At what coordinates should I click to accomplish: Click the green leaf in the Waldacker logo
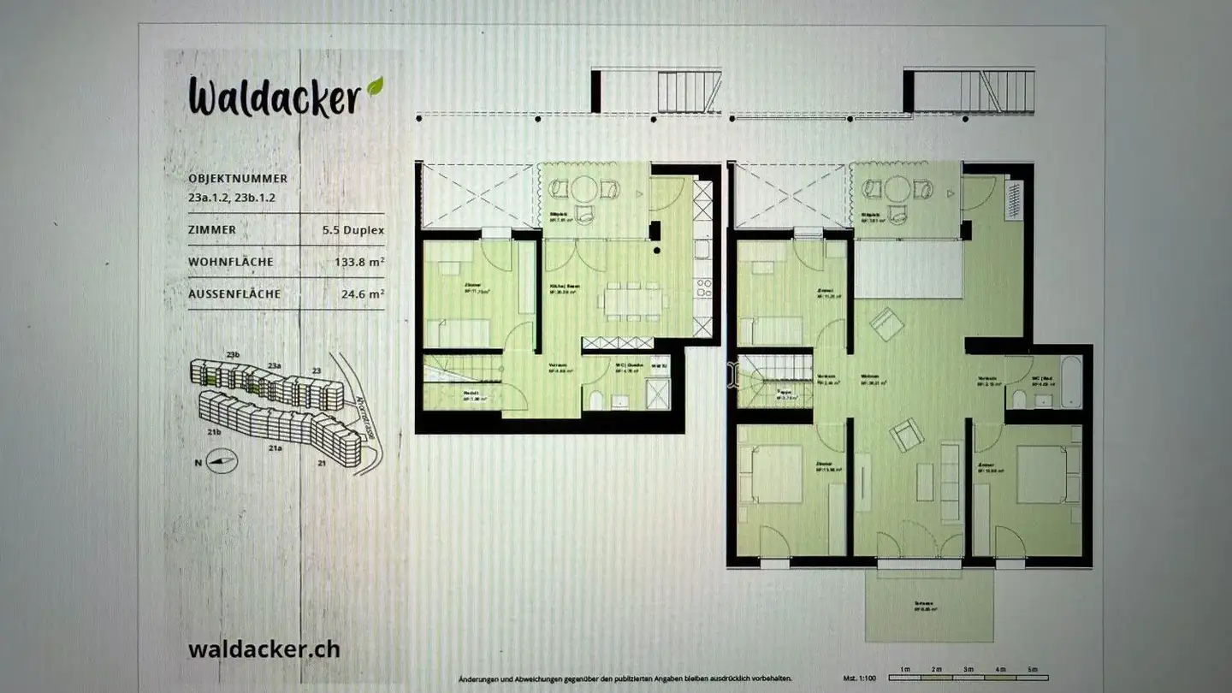tap(375, 87)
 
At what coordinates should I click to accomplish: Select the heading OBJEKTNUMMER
tap(238, 179)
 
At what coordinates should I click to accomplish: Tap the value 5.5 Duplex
tap(352, 230)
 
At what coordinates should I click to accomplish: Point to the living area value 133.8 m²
tap(358, 263)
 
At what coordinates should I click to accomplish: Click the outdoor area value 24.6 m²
tap(363, 294)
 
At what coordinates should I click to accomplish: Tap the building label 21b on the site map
tap(214, 432)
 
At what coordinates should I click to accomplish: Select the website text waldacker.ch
tap(264, 649)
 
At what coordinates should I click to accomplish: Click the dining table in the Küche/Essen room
tap(635, 301)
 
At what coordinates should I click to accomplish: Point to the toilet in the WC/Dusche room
tap(596, 400)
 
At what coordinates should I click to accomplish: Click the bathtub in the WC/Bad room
tap(1070, 382)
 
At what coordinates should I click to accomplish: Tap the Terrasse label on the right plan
tap(924, 604)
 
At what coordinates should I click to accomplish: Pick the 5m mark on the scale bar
tap(1033, 668)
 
